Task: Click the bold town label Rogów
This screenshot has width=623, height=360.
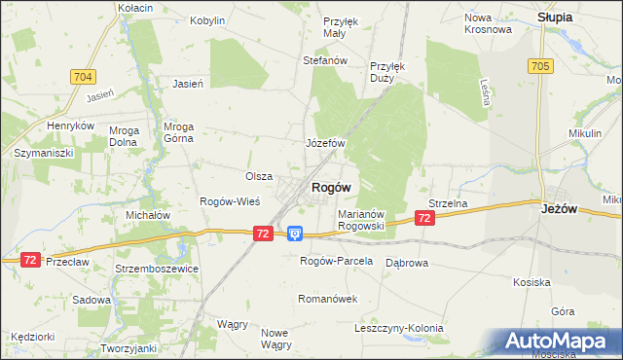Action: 330,187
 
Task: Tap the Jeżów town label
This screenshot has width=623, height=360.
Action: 561,207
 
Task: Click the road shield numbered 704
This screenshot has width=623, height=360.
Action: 83,75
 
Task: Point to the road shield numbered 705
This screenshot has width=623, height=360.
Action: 541,65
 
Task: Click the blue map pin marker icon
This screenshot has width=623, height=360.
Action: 295,234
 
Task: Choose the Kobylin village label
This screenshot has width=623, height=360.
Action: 207,19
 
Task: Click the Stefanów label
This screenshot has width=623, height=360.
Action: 325,60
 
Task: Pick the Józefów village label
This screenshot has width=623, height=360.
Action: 326,143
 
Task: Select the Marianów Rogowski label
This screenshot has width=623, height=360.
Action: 362,219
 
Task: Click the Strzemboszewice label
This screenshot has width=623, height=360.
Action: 156,269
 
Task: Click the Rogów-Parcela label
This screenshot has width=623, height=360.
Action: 336,261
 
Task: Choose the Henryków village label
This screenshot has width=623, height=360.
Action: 70,126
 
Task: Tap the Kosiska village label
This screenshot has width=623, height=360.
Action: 532,281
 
